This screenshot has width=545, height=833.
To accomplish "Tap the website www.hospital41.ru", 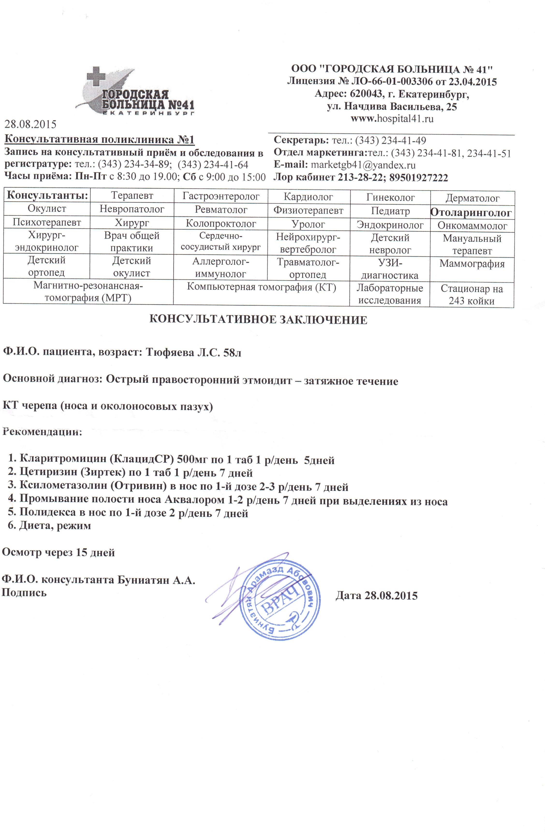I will (x=391, y=119).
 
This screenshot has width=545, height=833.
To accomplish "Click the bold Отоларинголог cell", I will (x=471, y=212).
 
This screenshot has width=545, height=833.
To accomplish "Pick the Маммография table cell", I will (x=471, y=264).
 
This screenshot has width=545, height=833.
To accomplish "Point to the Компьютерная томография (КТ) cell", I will (x=261, y=287).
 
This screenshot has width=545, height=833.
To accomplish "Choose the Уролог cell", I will (x=308, y=224).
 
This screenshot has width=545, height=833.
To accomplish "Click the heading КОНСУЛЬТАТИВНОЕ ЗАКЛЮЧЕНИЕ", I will (x=258, y=320).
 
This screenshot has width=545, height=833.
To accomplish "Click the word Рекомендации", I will (x=42, y=431).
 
